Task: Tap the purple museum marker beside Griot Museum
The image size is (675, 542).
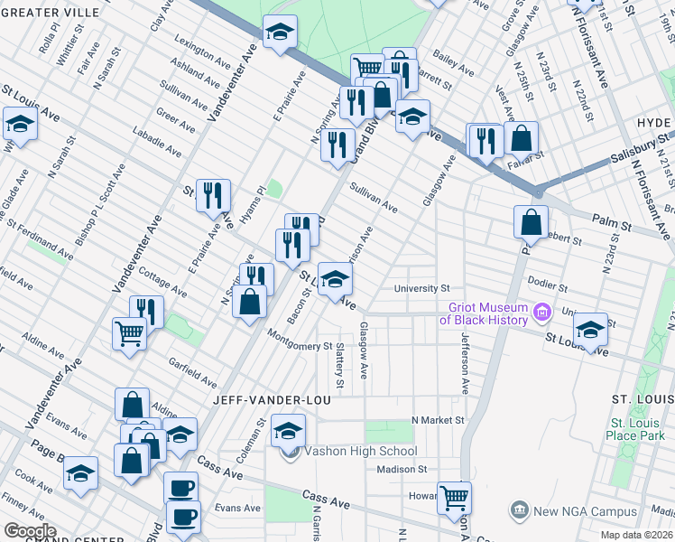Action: (541, 313)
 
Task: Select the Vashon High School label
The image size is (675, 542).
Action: (360, 452)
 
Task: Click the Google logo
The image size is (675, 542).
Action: (30, 531)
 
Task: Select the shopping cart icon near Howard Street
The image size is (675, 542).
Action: (454, 496)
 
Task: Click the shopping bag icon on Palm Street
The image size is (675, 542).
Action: (532, 221)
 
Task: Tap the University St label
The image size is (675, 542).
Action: (421, 289)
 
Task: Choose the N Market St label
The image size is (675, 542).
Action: (438, 420)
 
